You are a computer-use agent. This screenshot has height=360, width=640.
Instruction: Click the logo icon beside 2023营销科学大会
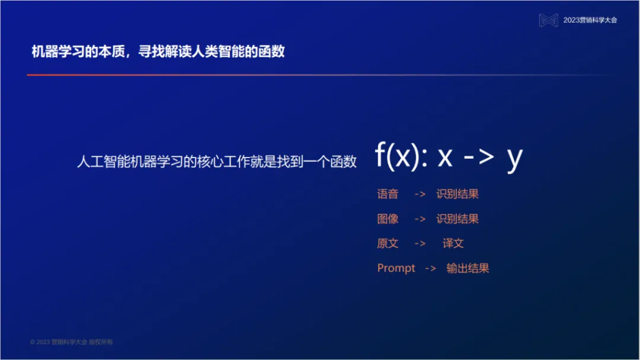point(548,20)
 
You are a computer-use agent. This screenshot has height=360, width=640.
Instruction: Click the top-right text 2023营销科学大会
point(590,20)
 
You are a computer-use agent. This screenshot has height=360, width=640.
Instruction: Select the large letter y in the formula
point(514,159)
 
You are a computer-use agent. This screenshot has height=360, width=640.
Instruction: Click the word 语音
point(387,194)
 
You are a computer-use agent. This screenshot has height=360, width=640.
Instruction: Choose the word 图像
point(387,219)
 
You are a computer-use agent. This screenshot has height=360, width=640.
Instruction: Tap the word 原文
point(387,243)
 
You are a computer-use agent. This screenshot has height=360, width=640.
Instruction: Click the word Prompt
point(396,268)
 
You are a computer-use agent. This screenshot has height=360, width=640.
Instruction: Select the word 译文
point(453,243)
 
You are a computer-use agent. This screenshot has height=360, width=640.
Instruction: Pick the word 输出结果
point(467,268)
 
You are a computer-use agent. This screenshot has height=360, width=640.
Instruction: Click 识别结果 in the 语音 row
point(457,194)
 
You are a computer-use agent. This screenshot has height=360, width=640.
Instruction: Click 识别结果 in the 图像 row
point(457,219)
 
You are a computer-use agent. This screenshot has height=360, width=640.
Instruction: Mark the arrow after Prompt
point(430,269)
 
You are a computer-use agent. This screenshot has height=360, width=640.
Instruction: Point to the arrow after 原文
point(420,244)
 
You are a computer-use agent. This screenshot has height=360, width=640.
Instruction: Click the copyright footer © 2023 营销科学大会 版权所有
point(72,342)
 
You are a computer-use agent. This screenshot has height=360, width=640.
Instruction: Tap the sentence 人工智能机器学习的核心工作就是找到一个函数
point(216,162)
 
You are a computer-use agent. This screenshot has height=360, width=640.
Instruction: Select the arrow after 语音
point(420,194)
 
